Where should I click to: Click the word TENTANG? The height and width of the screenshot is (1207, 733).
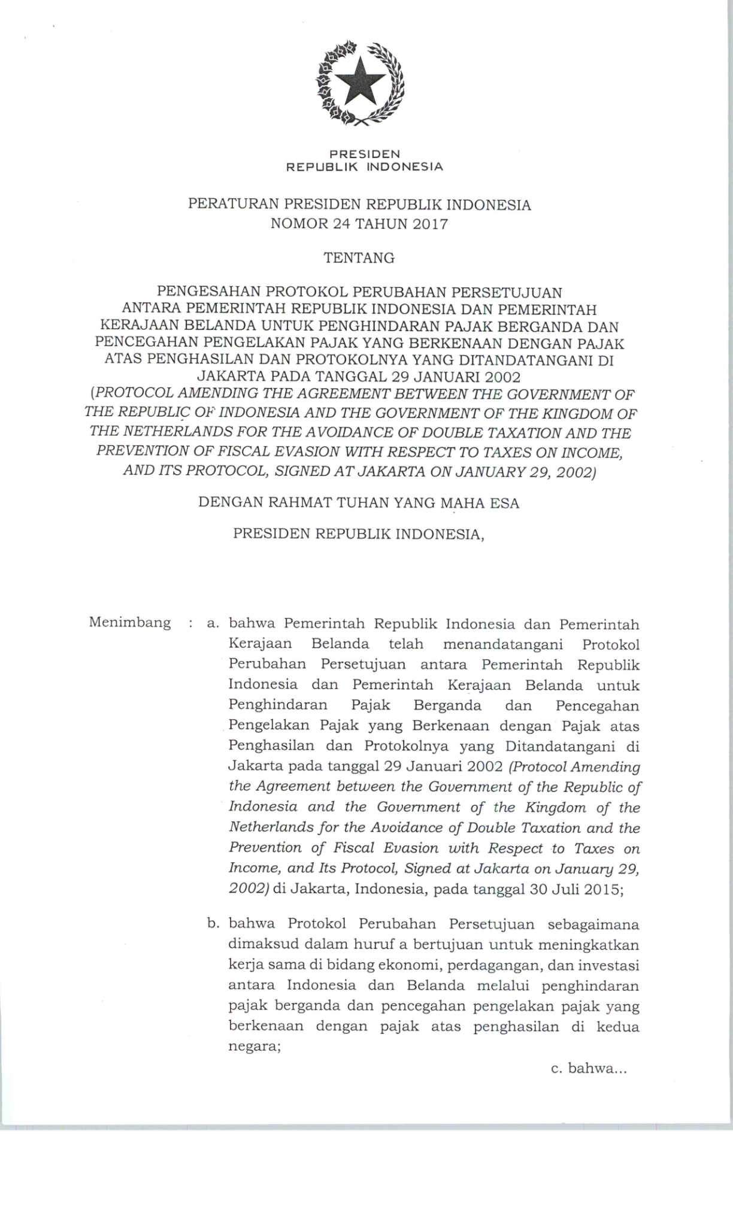pos(359,258)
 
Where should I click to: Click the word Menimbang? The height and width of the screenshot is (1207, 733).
pos(130,622)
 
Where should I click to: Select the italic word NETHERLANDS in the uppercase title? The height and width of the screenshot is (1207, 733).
pos(177,432)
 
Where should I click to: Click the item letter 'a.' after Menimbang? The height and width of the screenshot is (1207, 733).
pos(213,624)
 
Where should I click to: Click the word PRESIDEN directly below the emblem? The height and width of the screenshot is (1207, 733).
pos(365,154)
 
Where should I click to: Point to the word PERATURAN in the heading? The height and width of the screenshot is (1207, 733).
pos(232,205)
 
